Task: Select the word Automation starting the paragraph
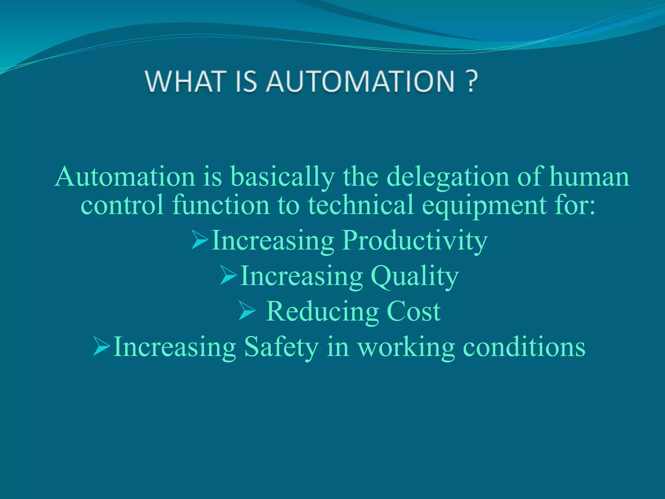[x=125, y=177]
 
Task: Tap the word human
[x=589, y=177]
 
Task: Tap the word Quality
[x=415, y=276]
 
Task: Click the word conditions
[x=524, y=347]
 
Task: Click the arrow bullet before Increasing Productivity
[x=199, y=240]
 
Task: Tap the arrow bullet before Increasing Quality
[x=228, y=275]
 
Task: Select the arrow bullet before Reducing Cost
[x=247, y=311]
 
